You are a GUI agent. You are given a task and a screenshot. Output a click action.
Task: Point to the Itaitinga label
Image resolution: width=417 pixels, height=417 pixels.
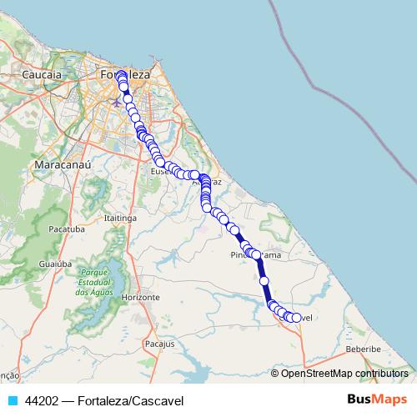pyautogui.click(x=119, y=217)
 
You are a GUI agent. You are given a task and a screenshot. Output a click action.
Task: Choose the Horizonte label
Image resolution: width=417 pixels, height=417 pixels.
pyautogui.click(x=140, y=297)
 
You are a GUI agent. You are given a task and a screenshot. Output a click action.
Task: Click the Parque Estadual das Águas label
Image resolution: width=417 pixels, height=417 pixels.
pyautogui.click(x=94, y=281)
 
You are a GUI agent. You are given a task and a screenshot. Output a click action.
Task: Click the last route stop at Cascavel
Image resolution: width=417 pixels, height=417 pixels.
pyautogui.click(x=296, y=318)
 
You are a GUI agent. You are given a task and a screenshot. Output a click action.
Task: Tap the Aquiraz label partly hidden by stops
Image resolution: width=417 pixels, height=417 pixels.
pyautogui.click(x=215, y=181)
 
